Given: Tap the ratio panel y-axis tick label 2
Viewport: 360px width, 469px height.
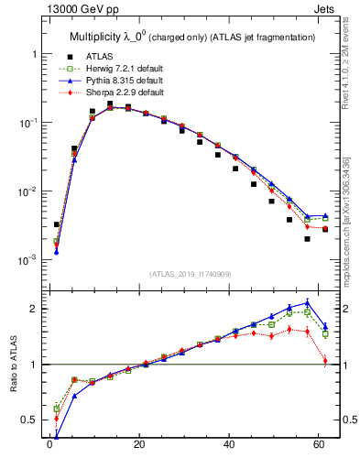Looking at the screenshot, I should tap(36, 309).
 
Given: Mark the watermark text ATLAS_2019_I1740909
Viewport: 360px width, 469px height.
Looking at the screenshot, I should tap(191, 274).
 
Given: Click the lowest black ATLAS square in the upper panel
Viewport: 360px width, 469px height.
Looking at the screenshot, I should tap(307, 239).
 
